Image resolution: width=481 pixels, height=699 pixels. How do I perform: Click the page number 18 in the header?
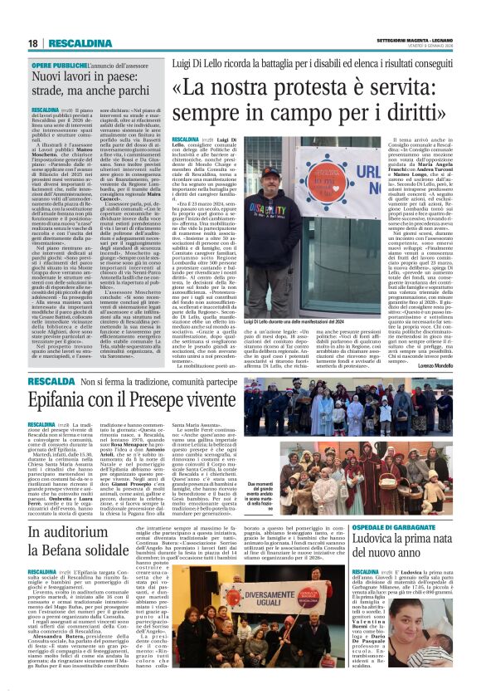click(32, 43)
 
